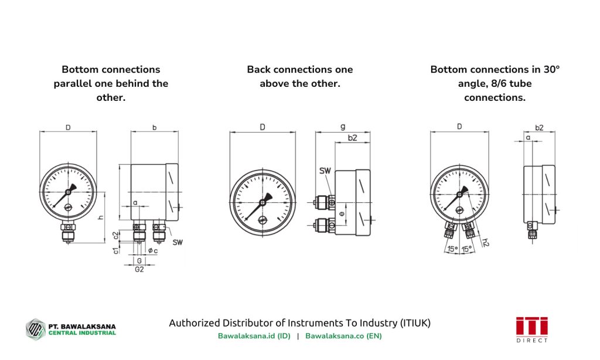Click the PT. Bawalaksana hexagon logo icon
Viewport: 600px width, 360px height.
(35, 328)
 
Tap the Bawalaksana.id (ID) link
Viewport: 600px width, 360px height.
(254, 336)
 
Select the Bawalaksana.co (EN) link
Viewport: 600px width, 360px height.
(343, 336)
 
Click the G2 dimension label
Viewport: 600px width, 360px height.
(139, 269)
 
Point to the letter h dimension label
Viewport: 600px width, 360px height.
(101, 217)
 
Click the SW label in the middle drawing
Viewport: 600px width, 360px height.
(325, 171)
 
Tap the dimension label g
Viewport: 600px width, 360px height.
(343, 127)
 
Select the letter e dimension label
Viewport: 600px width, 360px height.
(342, 214)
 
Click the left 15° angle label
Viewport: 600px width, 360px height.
(452, 249)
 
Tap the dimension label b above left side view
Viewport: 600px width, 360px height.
(154, 127)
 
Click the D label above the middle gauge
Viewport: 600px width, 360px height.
(262, 127)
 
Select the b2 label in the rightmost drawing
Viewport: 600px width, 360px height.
(539, 127)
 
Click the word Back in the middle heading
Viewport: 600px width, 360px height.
(258, 70)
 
